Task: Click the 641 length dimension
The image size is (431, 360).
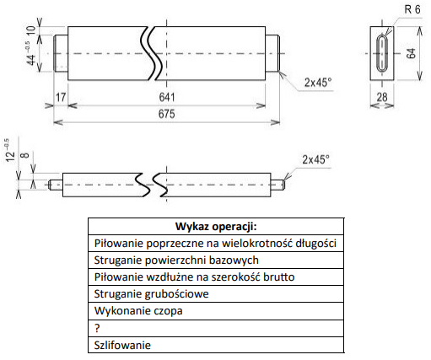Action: (167, 97)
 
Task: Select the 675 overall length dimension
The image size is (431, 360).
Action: (167, 114)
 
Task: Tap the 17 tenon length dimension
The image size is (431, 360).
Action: (61, 97)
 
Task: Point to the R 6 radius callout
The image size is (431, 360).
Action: (412, 9)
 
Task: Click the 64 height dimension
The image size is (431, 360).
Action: (412, 53)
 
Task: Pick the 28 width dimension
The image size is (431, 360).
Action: (382, 97)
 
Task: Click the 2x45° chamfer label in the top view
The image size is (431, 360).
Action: (318, 83)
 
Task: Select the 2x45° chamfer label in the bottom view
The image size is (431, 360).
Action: (315, 159)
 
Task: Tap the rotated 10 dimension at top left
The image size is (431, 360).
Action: (31, 30)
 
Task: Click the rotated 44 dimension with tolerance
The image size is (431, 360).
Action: (30, 53)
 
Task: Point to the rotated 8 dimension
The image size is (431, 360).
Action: (25, 155)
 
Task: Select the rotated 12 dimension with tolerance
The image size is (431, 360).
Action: (11, 150)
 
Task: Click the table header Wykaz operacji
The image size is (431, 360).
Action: (216, 226)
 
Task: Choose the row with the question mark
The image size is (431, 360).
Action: (216, 328)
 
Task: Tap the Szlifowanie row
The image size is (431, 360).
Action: (216, 345)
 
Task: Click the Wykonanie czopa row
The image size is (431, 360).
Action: (216, 311)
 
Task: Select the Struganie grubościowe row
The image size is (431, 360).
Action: (216, 294)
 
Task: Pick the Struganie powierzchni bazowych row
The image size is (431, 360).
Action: (216, 261)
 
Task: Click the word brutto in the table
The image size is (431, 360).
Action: (279, 277)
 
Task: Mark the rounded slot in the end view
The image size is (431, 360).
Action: (377, 53)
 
